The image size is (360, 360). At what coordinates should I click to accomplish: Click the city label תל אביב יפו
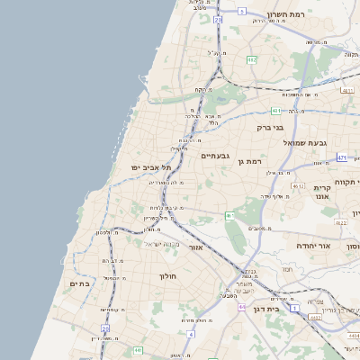[150, 167]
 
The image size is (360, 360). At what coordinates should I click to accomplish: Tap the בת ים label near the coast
[81, 283]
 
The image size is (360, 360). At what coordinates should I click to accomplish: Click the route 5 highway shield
[241, 12]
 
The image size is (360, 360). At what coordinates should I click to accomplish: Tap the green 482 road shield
[252, 60]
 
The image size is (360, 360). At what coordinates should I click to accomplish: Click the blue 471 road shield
[341, 157]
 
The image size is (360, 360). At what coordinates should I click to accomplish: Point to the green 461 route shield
[229, 216]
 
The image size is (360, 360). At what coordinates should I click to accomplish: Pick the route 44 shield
[242, 307]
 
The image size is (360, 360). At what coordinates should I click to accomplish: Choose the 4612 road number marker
[321, 187]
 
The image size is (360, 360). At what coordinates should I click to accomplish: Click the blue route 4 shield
[190, 334]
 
